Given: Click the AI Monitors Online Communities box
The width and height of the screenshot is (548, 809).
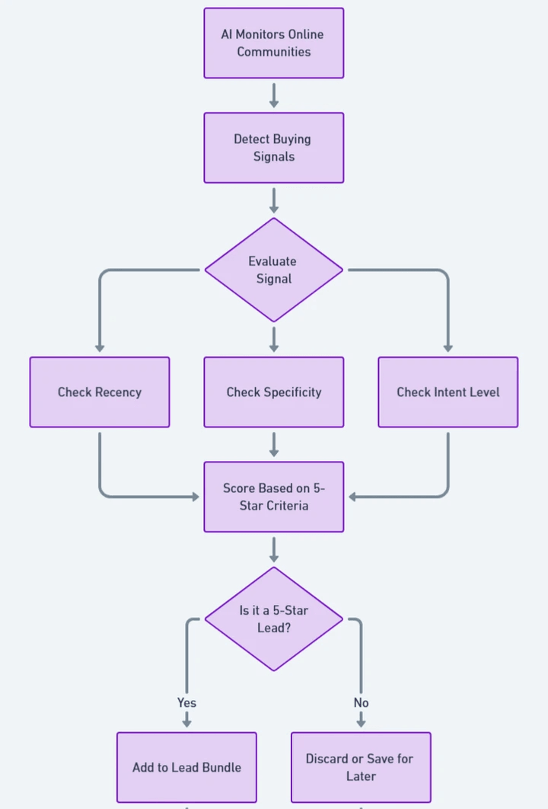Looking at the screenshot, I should click(x=273, y=43).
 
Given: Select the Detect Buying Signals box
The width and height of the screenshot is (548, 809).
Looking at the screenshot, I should click(x=273, y=148).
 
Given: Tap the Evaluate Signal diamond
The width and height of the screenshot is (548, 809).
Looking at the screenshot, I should click(x=273, y=270).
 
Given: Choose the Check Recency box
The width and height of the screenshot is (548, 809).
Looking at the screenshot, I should click(x=100, y=392).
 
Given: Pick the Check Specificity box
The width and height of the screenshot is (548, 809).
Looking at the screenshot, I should click(x=273, y=392).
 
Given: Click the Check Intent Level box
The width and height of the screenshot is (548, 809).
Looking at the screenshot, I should click(x=448, y=392).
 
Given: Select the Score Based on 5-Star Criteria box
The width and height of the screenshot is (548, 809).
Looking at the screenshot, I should click(x=273, y=497).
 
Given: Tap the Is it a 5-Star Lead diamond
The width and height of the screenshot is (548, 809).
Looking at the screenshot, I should click(x=273, y=619).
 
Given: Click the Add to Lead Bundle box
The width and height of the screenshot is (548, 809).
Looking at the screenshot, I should click(x=186, y=767).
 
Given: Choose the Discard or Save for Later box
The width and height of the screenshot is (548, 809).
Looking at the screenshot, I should click(x=361, y=767).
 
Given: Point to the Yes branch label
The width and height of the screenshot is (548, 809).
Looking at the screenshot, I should click(x=186, y=702).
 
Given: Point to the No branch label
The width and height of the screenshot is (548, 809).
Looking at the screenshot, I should click(x=361, y=702).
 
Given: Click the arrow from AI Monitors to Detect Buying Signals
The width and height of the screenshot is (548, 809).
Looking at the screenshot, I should click(x=273, y=95).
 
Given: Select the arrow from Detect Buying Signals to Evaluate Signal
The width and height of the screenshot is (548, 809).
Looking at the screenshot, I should click(x=273, y=200).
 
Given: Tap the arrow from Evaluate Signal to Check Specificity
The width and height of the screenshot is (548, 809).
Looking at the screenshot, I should click(x=273, y=339).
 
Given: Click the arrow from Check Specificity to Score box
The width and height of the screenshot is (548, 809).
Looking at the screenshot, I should click(x=273, y=444).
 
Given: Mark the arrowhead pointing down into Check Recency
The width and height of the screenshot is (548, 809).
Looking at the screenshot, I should click(x=100, y=347).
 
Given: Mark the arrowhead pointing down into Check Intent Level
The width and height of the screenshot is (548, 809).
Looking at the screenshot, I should click(x=448, y=347).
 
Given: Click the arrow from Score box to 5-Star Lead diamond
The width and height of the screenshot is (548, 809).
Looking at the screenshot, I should click(x=273, y=548).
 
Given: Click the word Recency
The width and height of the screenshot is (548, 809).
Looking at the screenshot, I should click(x=116, y=392).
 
